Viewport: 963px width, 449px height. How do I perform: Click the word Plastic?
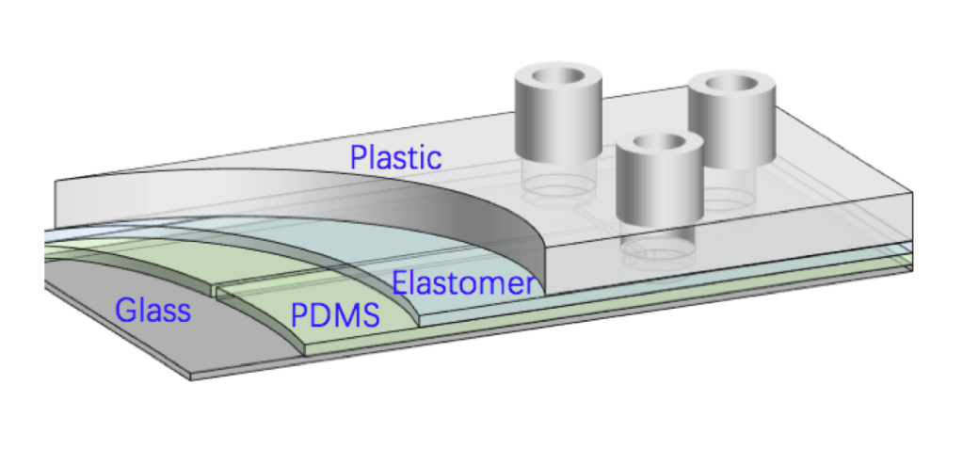coord(395,157)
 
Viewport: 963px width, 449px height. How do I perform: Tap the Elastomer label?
coord(463,283)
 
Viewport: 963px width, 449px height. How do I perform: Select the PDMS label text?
coord(334,316)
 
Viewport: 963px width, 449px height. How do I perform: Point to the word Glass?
coord(152,310)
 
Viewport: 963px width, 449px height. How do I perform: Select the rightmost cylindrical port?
coord(731,121)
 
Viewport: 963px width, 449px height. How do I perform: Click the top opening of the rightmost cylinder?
coord(731,86)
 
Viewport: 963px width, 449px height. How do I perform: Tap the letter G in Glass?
coord(126,310)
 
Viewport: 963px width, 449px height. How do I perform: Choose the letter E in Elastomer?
coord(400,283)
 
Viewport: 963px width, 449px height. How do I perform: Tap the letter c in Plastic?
coord(434,159)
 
